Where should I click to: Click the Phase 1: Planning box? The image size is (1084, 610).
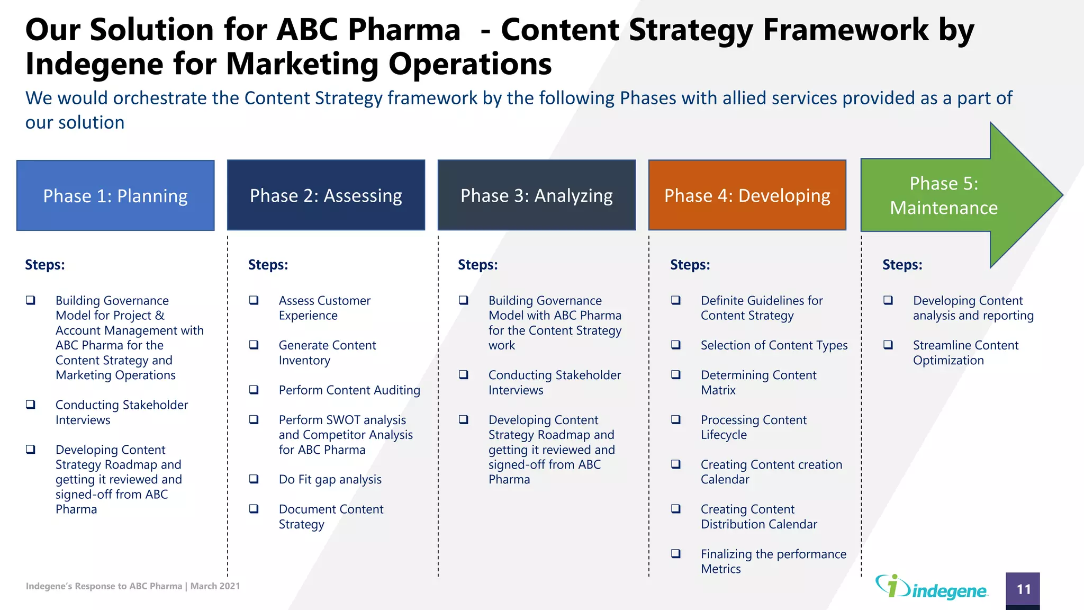pyautogui.click(x=115, y=195)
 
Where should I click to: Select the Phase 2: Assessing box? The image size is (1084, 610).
pyautogui.click(x=326, y=195)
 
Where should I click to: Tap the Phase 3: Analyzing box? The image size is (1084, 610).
pyautogui.click(x=536, y=195)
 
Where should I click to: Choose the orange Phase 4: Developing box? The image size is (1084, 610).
pyautogui.click(x=747, y=195)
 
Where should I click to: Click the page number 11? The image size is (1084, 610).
pyautogui.click(x=1023, y=589)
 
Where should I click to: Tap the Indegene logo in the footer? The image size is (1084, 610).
pyautogui.click(x=932, y=587)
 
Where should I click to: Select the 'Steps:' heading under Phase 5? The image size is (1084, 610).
pyautogui.click(x=902, y=265)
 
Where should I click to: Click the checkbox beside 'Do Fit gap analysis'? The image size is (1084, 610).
pyautogui.click(x=254, y=479)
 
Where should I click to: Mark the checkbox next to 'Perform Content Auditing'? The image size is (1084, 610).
pyautogui.click(x=254, y=390)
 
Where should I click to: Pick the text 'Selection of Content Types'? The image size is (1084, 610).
pyautogui.click(x=774, y=345)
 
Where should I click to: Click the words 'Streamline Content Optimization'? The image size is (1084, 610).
pyautogui.click(x=965, y=353)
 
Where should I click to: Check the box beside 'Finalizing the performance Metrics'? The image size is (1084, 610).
pyautogui.click(x=676, y=554)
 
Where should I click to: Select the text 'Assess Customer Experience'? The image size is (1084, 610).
pyautogui.click(x=324, y=308)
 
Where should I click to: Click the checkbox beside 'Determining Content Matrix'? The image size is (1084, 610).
pyautogui.click(x=676, y=375)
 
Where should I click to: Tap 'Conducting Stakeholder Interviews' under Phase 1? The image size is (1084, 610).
pyautogui.click(x=121, y=412)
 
